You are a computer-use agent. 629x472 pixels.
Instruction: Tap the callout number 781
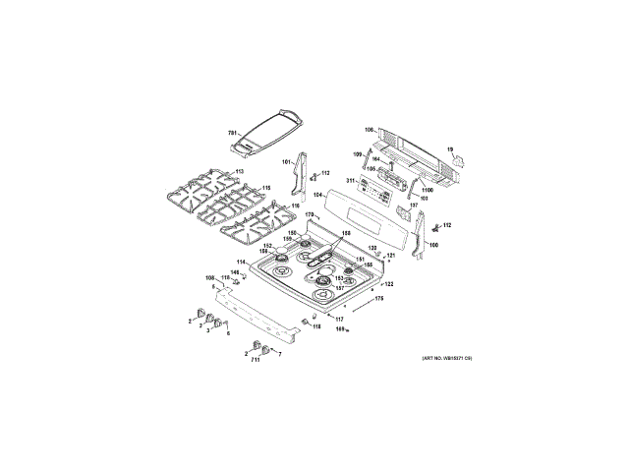pyautogui.click(x=233, y=133)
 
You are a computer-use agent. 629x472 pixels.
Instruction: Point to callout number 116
pyautogui.click(x=294, y=206)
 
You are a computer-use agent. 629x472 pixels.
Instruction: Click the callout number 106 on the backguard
pyautogui.click(x=370, y=130)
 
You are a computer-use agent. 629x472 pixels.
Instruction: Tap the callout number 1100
pyautogui.click(x=427, y=190)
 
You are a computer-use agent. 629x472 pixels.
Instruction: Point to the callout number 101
pyautogui.click(x=287, y=162)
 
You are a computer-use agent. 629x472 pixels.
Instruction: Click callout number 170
pyautogui.click(x=308, y=214)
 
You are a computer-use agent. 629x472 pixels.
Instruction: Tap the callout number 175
pyautogui.click(x=378, y=297)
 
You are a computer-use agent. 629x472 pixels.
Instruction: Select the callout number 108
pyautogui.click(x=209, y=279)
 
